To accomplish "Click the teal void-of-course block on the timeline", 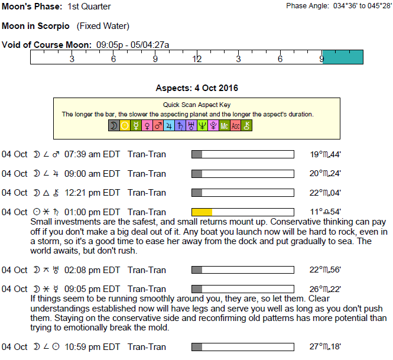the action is [x=343, y=57].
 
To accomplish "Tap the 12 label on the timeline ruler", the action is [x=197, y=59].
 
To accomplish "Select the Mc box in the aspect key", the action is [x=225, y=125].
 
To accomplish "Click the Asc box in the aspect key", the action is [x=235, y=125].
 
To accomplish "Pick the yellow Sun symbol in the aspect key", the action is [x=125, y=125].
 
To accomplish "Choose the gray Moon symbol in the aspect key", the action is [x=114, y=125].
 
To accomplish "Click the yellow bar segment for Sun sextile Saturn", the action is [x=202, y=212].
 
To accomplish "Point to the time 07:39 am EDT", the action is [x=92, y=154].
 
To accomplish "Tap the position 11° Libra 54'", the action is [x=325, y=212].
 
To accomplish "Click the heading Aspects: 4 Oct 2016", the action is [x=197, y=88].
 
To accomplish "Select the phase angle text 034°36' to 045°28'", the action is [x=362, y=6].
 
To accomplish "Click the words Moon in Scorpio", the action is [x=35, y=26].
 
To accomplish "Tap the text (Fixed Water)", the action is [x=103, y=26].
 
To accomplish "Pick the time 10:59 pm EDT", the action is [x=92, y=347].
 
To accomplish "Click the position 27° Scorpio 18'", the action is [x=325, y=347].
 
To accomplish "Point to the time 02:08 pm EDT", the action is [x=92, y=270].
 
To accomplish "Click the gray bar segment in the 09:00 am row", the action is [x=197, y=174].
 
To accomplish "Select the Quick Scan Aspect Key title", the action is [x=197, y=105].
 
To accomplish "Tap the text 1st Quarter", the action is [x=89, y=7].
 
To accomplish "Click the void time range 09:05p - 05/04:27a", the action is [x=132, y=45].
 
